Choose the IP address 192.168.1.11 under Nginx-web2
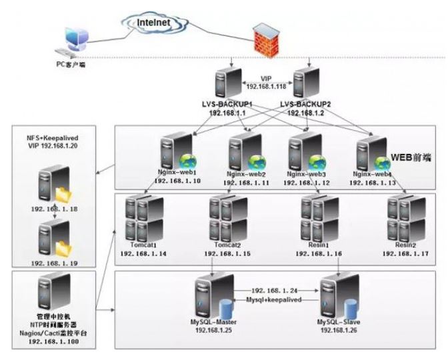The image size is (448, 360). (x=246, y=181)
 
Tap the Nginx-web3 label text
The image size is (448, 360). (x=307, y=172)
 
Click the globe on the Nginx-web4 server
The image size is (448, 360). (x=383, y=163)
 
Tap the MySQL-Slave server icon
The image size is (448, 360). (x=337, y=296)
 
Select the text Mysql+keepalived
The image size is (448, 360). (x=274, y=300)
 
